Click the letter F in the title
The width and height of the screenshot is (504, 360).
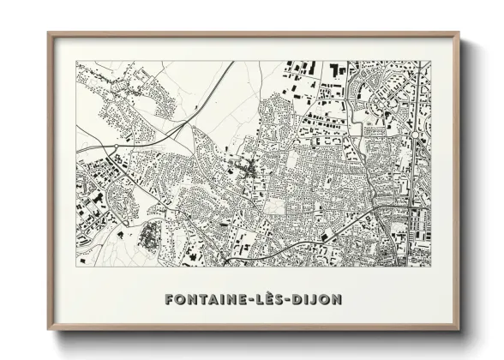(168, 300)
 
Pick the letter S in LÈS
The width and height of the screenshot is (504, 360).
(284, 300)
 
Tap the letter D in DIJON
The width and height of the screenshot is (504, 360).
(304, 300)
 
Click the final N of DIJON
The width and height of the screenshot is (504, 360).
(337, 300)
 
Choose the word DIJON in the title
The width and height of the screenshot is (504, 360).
(321, 300)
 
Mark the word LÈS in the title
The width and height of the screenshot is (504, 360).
(273, 300)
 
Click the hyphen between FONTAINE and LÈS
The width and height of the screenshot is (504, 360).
(252, 301)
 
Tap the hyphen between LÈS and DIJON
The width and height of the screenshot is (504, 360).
(294, 301)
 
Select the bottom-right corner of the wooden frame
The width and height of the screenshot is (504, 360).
(459, 330)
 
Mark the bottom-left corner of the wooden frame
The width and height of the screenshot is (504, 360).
(49, 330)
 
